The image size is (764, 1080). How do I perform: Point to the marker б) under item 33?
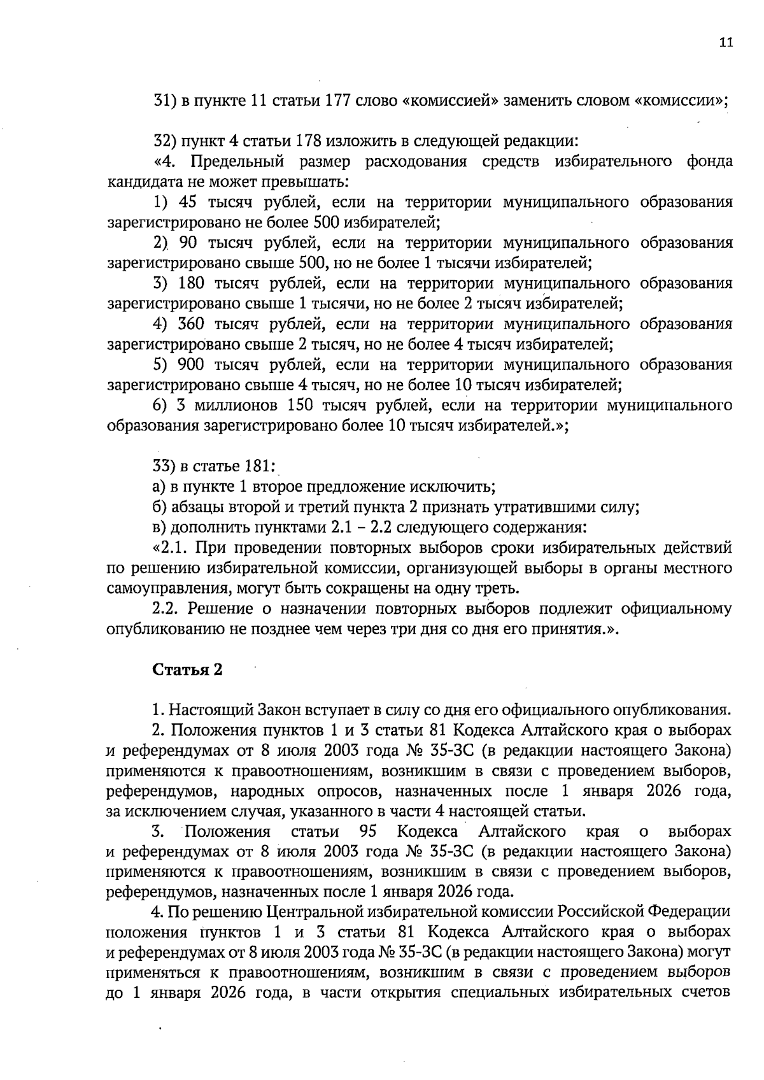point(160,508)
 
